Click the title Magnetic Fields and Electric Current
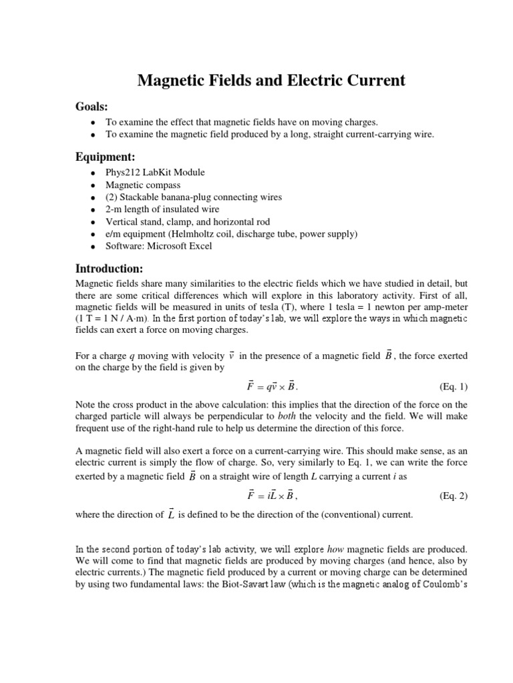click(271, 81)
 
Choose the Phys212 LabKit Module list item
click(156, 172)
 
